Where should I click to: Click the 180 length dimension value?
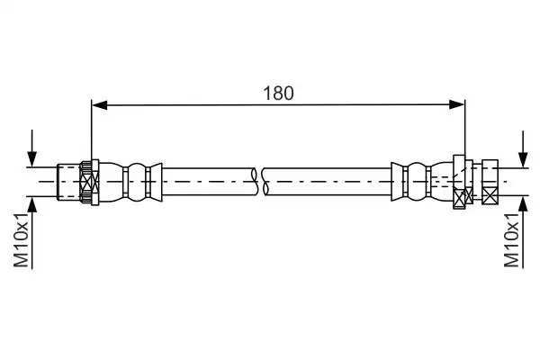pos(278,93)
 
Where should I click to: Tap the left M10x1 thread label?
pos(21,239)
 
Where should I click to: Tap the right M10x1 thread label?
pos(511,239)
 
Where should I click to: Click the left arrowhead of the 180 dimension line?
pos(100,105)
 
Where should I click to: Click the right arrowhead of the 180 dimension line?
pos(456,104)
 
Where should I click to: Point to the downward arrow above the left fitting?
pos(32,148)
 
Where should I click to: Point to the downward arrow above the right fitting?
pos(523,148)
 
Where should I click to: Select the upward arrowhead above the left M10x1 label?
pos(32,204)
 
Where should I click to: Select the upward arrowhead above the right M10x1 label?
pos(523,204)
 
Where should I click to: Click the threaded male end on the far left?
pos(68,181)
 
